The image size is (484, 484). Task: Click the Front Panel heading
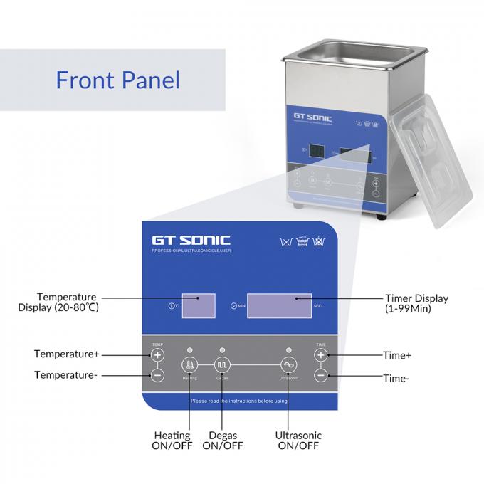point(117,79)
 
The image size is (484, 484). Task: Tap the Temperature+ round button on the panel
point(157,354)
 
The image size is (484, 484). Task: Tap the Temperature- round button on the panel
point(157,374)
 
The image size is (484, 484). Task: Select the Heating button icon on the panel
point(190,364)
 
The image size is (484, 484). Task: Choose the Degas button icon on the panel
point(222,364)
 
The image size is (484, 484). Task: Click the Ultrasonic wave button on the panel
point(288,364)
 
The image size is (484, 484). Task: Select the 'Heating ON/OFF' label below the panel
point(172,441)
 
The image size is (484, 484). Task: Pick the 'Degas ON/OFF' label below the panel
point(223,441)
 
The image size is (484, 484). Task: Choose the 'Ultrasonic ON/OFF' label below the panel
point(298,441)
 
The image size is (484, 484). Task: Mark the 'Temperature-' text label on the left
point(66,374)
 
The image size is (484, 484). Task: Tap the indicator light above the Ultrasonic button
point(288,349)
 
